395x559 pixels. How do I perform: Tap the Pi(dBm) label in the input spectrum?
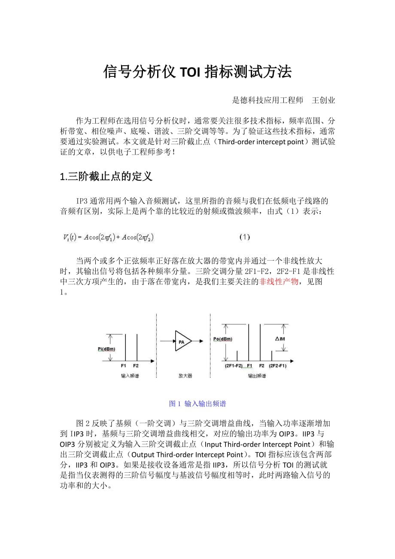click(106, 349)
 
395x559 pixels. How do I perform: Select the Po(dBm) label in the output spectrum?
click(222, 339)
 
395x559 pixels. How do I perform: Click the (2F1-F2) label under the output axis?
click(234, 366)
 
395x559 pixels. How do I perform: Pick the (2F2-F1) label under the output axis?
click(277, 366)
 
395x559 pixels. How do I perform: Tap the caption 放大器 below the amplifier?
click(185, 376)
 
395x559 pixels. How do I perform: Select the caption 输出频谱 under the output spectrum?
click(257, 376)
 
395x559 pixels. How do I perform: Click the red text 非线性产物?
click(279, 282)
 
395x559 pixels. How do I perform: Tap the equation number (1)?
click(244, 237)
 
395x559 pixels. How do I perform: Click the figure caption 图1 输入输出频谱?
click(197, 404)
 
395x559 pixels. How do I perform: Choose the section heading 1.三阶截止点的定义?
click(106, 176)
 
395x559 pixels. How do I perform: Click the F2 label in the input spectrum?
click(136, 366)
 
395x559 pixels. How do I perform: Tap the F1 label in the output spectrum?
click(249, 366)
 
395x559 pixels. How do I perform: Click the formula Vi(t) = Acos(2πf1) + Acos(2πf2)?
click(109, 237)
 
